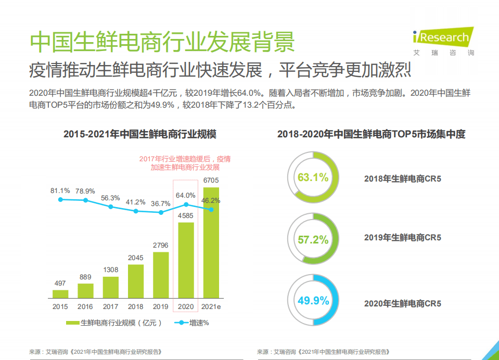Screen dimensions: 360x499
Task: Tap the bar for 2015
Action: point(60,294)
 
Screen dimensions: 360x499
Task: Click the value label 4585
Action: point(186,215)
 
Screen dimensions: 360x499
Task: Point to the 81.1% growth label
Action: point(60,190)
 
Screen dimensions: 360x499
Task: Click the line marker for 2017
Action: point(110,207)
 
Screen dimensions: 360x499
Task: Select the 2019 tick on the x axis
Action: point(161,307)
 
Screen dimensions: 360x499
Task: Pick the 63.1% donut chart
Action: point(313,177)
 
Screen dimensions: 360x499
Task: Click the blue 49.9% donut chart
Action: point(313,301)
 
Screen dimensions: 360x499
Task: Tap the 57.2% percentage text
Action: point(313,240)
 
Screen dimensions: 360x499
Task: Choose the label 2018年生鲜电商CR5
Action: point(402,179)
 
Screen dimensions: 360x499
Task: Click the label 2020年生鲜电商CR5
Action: point(402,303)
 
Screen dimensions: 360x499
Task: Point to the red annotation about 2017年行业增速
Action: point(185,163)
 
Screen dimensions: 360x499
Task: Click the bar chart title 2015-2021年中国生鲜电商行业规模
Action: point(140,134)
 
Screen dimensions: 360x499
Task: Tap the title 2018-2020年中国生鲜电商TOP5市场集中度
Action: point(371,134)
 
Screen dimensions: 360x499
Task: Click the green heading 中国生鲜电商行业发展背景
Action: point(162,42)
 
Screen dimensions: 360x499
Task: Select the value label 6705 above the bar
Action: point(211,181)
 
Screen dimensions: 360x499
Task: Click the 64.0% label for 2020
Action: point(186,196)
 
